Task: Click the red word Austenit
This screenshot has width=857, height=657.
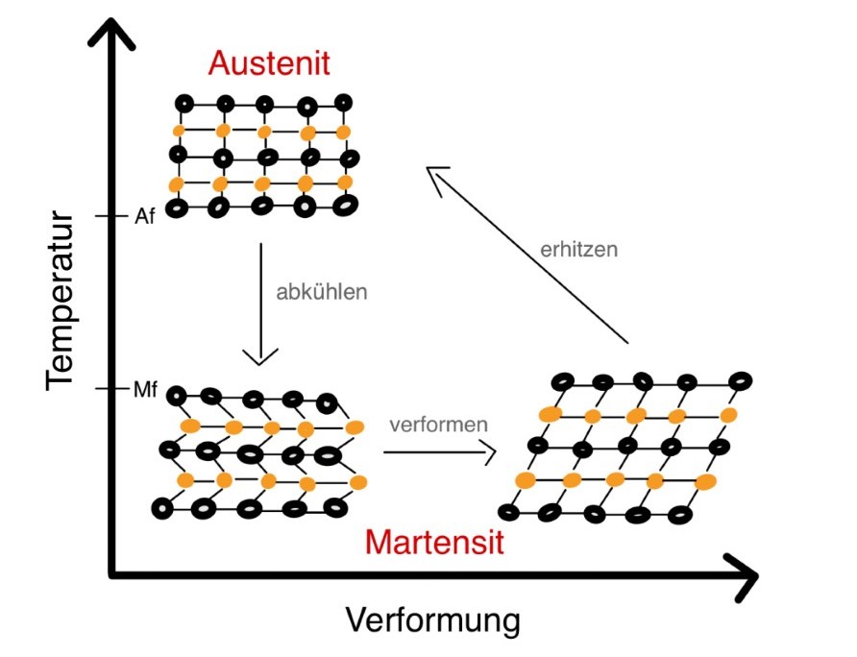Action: pos(269,64)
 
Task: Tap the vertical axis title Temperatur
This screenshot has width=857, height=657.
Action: pos(60,294)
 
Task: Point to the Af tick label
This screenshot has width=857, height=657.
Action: pos(143,217)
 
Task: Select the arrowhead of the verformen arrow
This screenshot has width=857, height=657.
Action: pos(488,450)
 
